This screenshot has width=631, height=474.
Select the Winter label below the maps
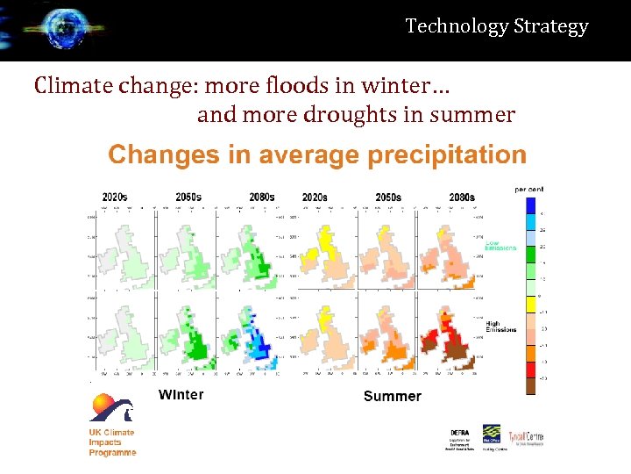(x=181, y=394)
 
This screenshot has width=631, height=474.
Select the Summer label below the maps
(x=392, y=396)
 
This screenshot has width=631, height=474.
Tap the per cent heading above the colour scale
(x=528, y=189)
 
